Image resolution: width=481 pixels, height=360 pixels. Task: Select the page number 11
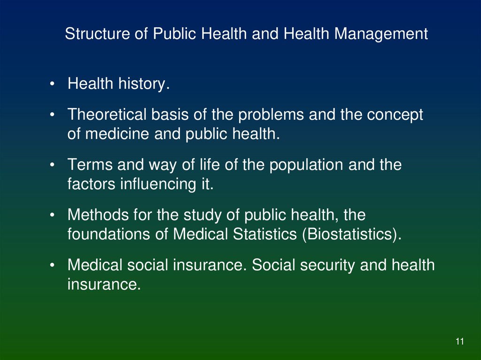coord(459,342)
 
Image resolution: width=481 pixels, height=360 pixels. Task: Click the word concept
coord(395,115)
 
